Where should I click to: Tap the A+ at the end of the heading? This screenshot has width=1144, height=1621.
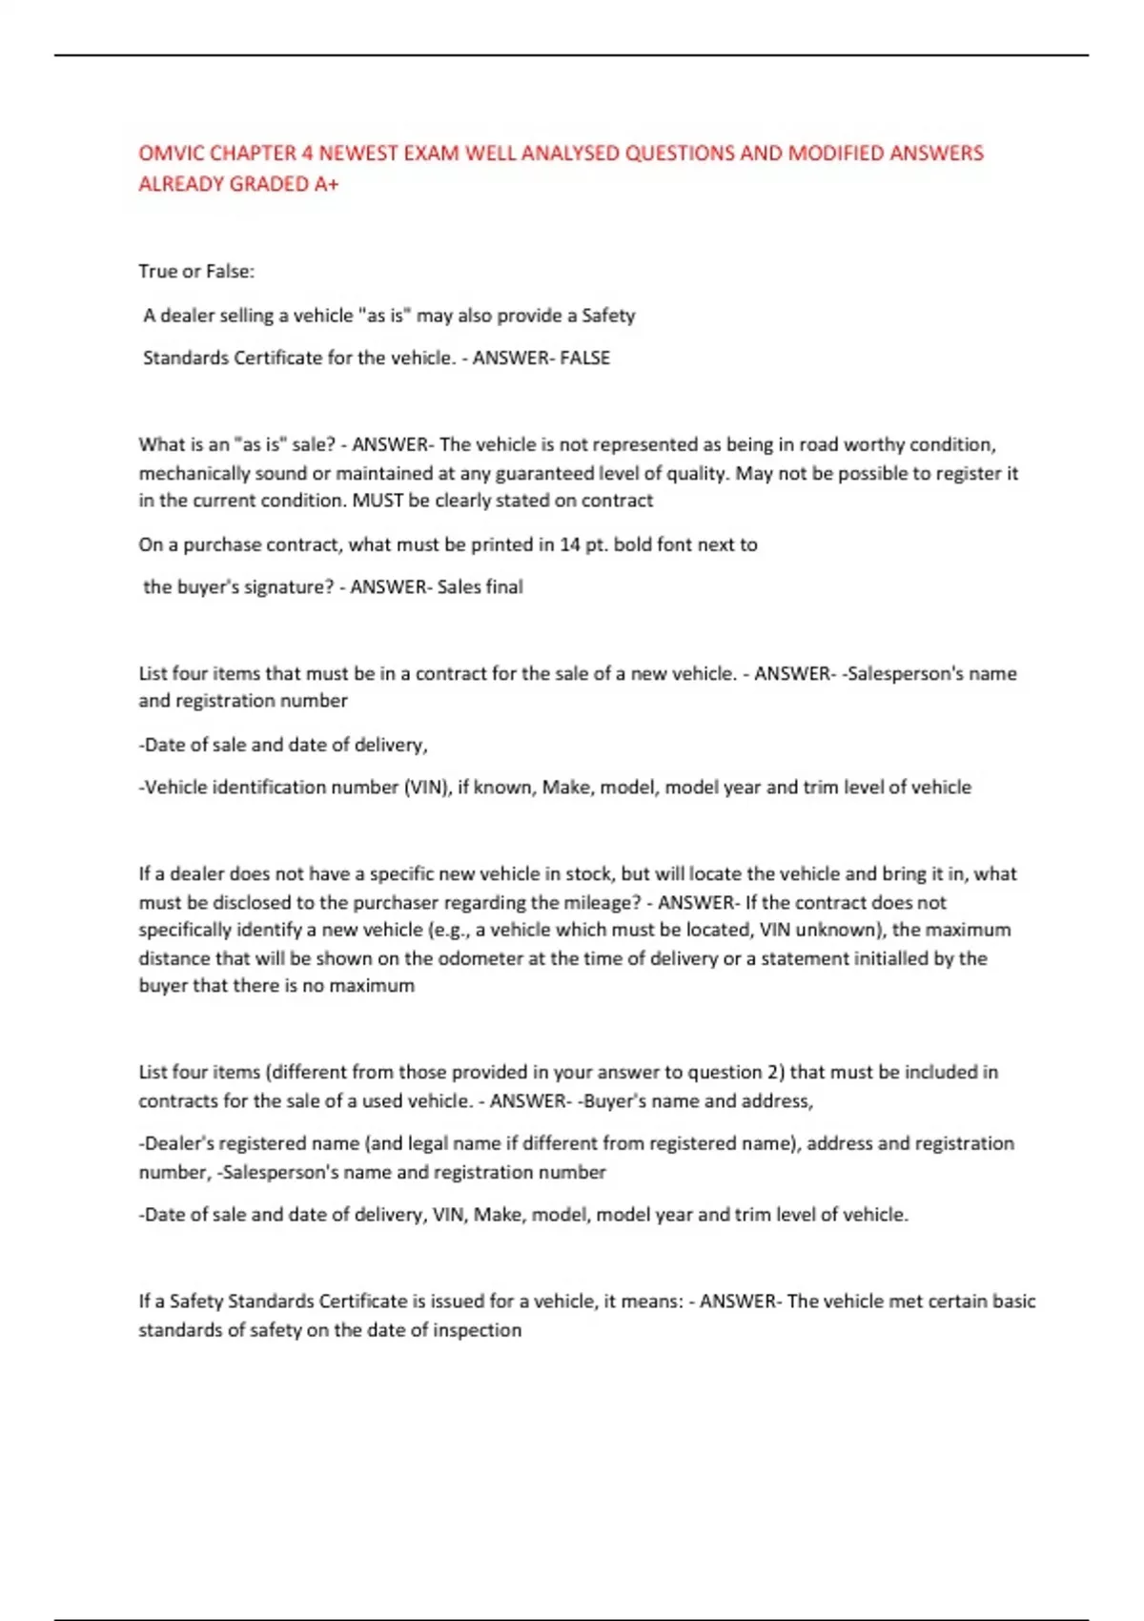pyautogui.click(x=326, y=185)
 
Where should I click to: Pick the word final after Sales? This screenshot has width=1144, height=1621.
pyautogui.click(x=504, y=587)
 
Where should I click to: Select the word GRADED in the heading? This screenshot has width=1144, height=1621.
pyautogui.click(x=271, y=185)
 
